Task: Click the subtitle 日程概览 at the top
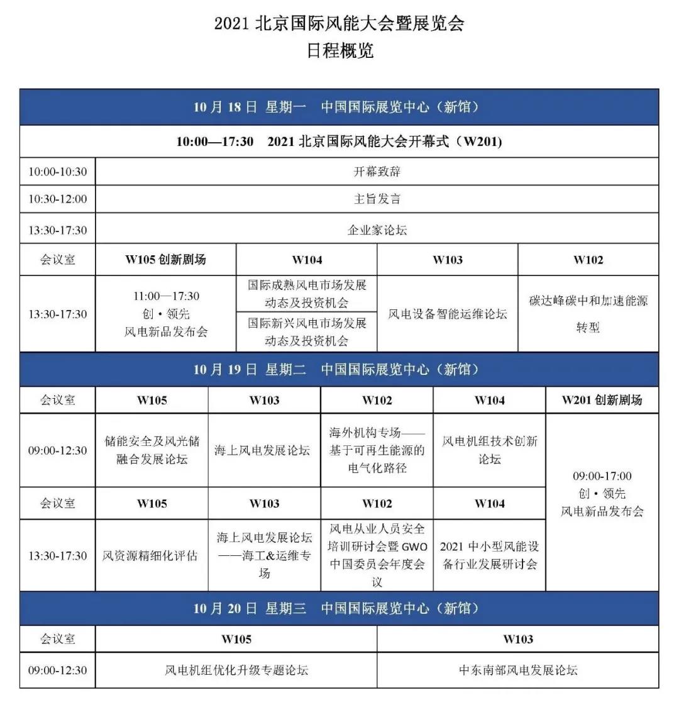(339, 50)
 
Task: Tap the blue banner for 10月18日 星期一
(339, 107)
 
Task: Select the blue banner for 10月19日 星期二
(339, 369)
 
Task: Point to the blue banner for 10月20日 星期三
(339, 608)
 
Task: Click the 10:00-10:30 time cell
(57, 171)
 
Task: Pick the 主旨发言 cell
(377, 199)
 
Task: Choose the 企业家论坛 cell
(377, 230)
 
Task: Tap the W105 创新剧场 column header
(165, 260)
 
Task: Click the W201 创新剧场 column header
(602, 400)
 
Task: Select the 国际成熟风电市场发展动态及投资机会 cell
(306, 294)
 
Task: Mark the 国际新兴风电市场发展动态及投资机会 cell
(306, 332)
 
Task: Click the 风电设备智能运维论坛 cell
(447, 314)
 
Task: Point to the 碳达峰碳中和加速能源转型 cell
(588, 313)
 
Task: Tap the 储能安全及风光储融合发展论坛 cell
(152, 450)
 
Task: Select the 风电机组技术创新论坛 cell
(489, 450)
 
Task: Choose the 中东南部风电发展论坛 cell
(518, 670)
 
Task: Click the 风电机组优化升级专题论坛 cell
(236, 670)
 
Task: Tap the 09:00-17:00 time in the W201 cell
(602, 476)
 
